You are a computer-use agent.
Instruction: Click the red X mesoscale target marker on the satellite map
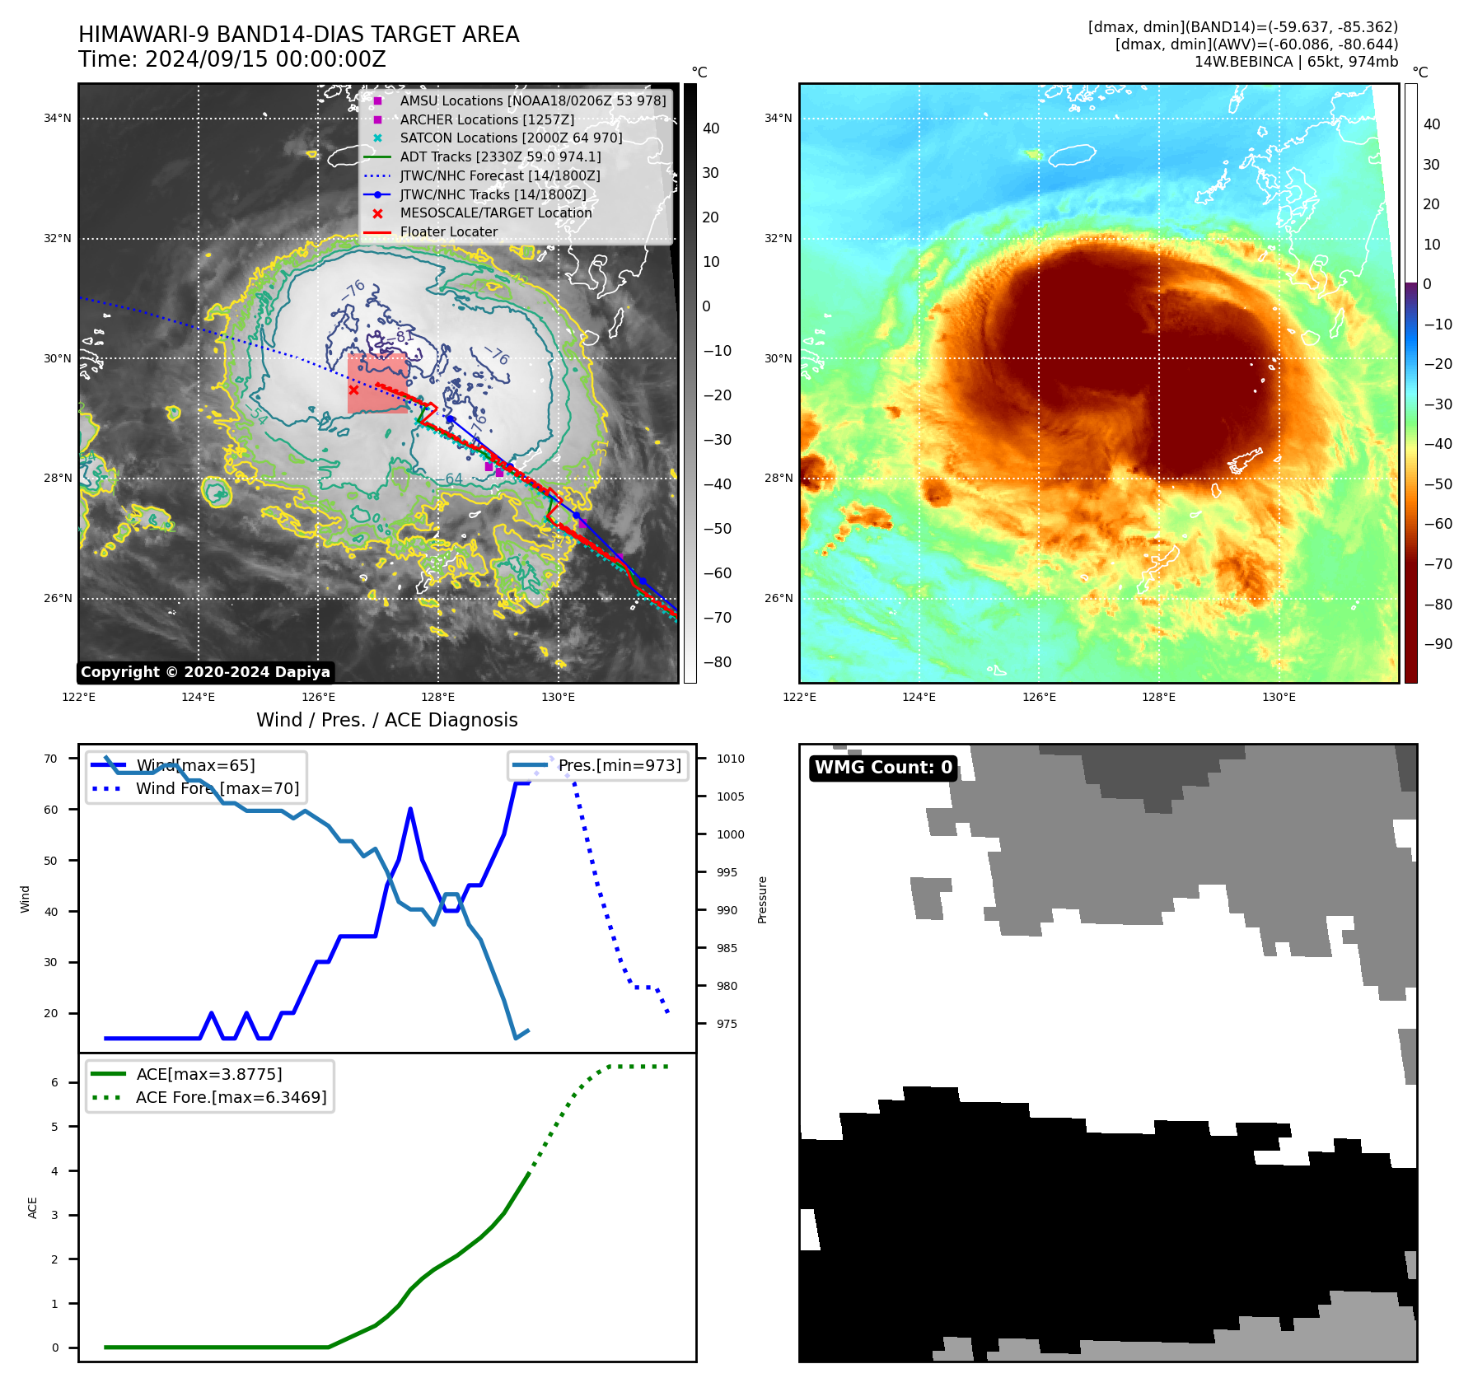[x=353, y=390]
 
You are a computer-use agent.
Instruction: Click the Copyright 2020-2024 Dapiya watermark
[x=205, y=672]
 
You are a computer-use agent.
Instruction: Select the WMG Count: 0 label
[x=883, y=768]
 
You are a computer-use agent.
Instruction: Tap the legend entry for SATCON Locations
[x=511, y=138]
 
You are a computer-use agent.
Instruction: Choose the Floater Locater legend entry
[x=448, y=232]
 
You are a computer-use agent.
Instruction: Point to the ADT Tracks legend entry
[x=500, y=156]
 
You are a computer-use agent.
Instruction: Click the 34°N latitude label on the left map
[x=58, y=119]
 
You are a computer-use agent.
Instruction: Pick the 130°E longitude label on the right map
[x=1279, y=697]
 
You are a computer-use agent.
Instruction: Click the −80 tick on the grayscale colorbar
[x=717, y=662]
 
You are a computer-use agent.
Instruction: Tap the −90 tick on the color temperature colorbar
[x=1438, y=644]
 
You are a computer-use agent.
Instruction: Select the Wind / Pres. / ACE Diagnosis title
[x=387, y=720]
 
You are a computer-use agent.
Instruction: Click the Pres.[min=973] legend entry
[x=620, y=765]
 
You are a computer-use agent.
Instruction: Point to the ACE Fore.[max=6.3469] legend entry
[x=231, y=1097]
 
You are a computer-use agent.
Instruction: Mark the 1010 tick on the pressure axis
[x=730, y=759]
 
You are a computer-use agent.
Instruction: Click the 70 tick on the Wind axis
[x=51, y=759]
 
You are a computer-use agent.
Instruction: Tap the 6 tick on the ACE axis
[x=55, y=1082]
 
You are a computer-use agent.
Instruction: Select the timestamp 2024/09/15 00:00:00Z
[x=265, y=60]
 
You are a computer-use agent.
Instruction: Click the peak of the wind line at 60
[x=410, y=810]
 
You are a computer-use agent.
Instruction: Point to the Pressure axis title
[x=762, y=899]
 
